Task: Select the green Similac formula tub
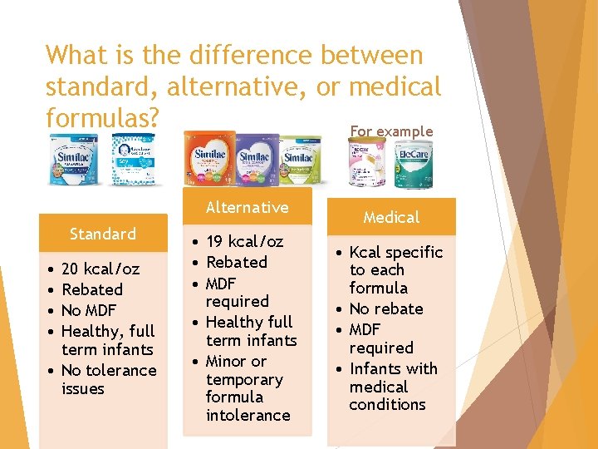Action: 300,160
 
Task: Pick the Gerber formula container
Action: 135,160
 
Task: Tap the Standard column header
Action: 102,234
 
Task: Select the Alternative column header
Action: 247,207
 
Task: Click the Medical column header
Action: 391,217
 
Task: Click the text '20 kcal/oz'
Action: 100,269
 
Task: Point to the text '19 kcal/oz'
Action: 244,242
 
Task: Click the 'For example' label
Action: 391,131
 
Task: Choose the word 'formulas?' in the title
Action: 102,117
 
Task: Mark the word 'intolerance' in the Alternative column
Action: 248,415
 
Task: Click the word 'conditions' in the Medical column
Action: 387,405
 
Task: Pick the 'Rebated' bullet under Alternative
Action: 237,262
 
